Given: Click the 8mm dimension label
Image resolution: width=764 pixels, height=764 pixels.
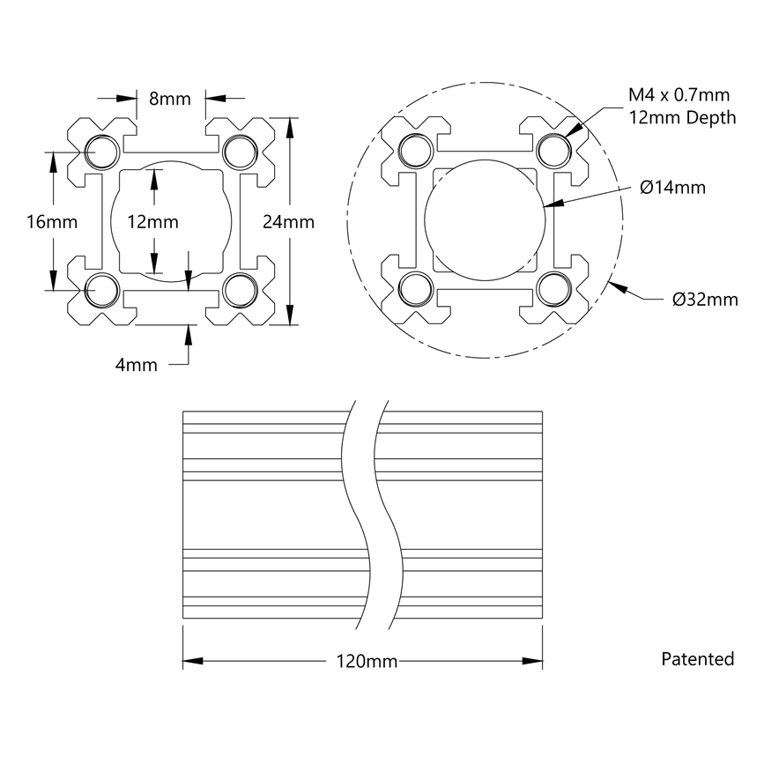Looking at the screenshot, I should [x=170, y=99].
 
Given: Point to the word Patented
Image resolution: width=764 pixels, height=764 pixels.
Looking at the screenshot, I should [x=697, y=658].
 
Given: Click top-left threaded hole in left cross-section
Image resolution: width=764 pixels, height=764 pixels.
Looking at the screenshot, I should [x=104, y=152].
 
